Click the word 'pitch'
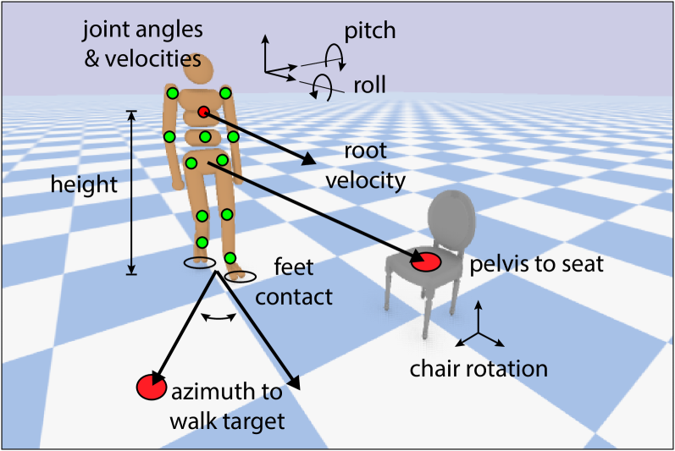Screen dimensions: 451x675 coord(370,33)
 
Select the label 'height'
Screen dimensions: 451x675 coord(84,185)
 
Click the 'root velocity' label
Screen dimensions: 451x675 coord(366,166)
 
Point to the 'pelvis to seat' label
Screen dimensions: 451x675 coord(537,264)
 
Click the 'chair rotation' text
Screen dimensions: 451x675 coord(479,369)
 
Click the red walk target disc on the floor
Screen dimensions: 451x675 coord(151,387)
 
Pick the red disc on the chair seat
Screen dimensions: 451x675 coord(426,262)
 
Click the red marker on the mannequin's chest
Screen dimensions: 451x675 coord(203,113)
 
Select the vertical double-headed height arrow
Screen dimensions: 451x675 coord(131,192)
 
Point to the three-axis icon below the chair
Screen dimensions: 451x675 coord(479,330)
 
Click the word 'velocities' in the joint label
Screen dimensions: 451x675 coord(162,60)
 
